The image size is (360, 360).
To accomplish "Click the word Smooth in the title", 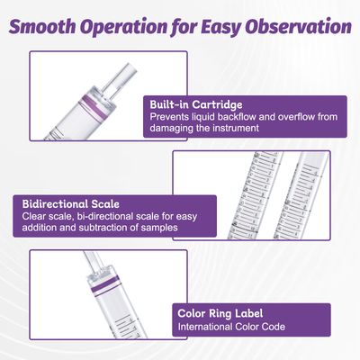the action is [x=42, y=26].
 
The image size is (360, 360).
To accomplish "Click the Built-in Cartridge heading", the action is [x=196, y=104].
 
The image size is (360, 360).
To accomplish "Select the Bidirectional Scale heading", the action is [x=70, y=204].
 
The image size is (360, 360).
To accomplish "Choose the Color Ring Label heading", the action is [x=220, y=313].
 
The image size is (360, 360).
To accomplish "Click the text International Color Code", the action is [x=231, y=327].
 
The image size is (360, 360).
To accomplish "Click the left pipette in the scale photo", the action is [x=258, y=195].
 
